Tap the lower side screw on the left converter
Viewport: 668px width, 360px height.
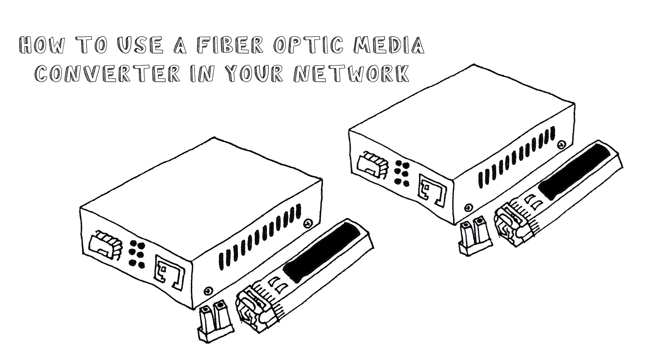point(207,291)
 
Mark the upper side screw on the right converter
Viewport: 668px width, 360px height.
point(562,145)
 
